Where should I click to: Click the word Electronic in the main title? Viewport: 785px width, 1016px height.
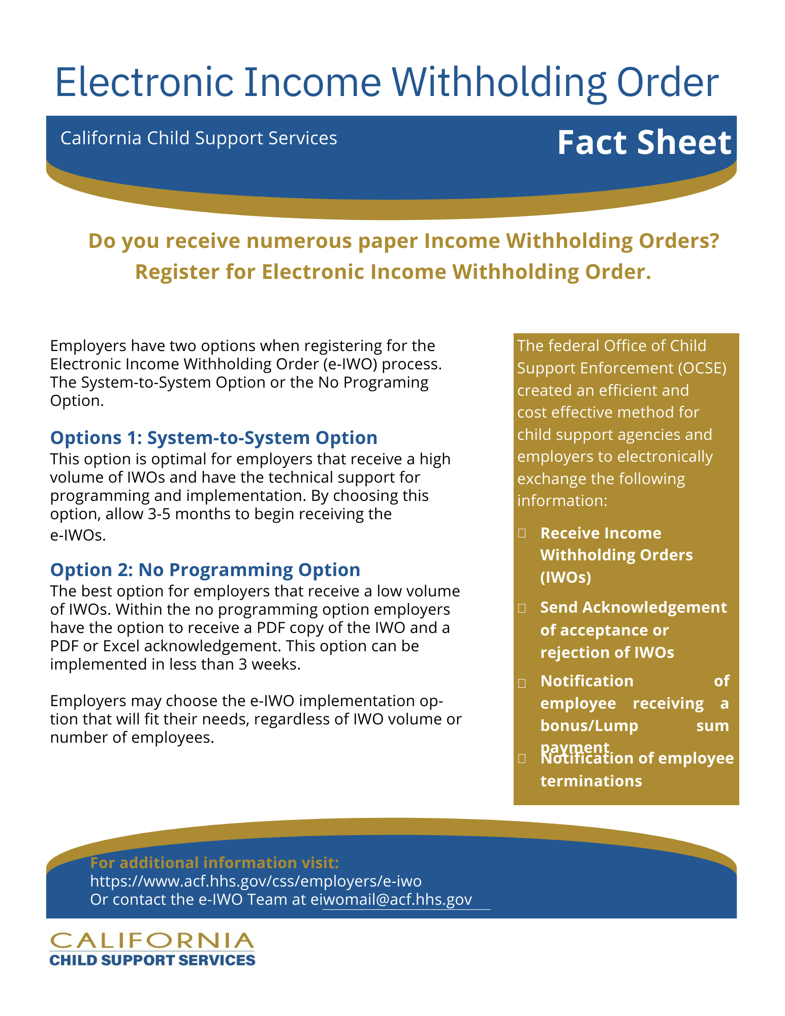click(x=144, y=82)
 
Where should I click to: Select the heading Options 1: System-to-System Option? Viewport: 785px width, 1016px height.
click(x=213, y=438)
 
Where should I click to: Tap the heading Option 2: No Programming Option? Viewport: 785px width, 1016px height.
click(x=205, y=570)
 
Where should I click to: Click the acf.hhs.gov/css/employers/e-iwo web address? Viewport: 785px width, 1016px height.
click(x=256, y=881)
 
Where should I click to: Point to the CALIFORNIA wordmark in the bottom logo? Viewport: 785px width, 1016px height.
click(x=151, y=941)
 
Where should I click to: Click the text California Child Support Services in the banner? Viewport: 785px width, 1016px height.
click(x=199, y=138)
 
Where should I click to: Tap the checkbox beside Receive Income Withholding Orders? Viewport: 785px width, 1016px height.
click(x=522, y=533)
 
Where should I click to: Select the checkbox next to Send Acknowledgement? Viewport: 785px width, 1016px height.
click(x=522, y=608)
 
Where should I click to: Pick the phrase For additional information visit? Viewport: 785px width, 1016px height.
click(x=214, y=863)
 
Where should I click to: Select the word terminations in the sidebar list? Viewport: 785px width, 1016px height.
click(x=591, y=781)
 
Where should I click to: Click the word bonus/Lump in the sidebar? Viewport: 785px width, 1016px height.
click(x=589, y=726)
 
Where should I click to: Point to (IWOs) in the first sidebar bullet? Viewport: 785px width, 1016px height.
click(x=566, y=578)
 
